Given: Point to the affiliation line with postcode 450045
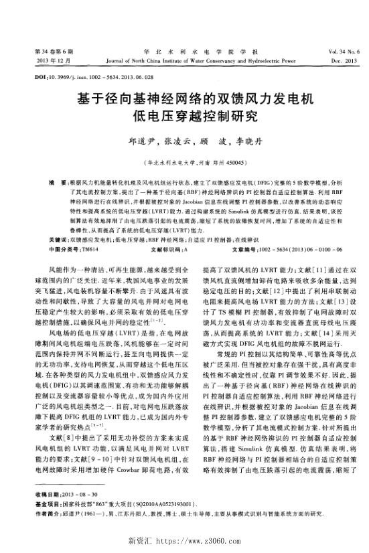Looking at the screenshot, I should (x=186, y=162).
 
